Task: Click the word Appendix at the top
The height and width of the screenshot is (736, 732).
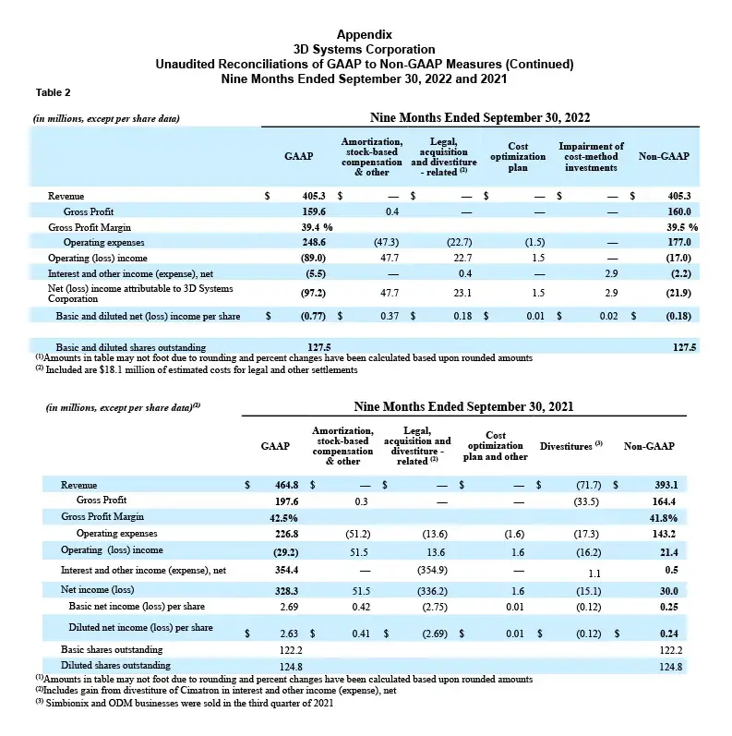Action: click(366, 33)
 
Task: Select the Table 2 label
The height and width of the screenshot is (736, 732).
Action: click(53, 91)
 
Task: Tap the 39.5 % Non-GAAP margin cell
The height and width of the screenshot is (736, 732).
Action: click(679, 226)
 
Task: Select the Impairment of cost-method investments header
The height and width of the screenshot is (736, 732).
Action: click(592, 157)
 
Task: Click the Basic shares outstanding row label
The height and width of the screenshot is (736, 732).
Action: click(104, 648)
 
